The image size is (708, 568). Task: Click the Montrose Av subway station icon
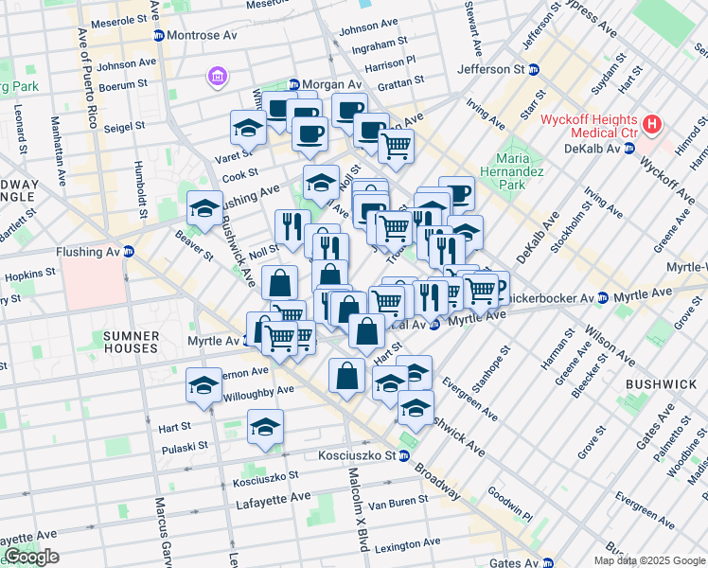[x=158, y=35]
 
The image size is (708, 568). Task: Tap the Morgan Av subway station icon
[x=293, y=84]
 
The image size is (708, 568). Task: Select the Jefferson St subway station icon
[x=534, y=69]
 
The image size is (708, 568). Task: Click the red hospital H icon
[x=651, y=124]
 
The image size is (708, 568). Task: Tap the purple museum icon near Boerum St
[x=216, y=76]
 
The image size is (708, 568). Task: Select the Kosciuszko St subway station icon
[x=402, y=456]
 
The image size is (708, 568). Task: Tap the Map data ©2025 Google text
[x=648, y=560]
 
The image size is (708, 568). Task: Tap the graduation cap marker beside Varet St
[x=247, y=128]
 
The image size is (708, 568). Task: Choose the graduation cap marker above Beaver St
[x=204, y=209]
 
